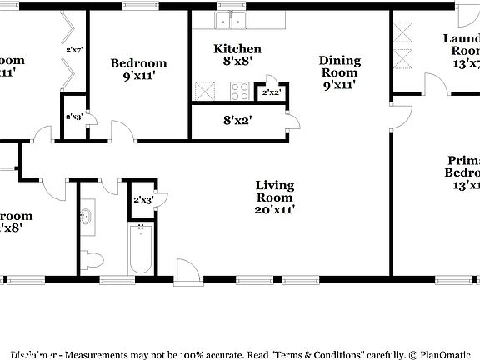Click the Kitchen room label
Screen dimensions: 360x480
coord(237,49)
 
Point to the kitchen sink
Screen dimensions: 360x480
coord(231,21)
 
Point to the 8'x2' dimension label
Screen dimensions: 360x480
coord(237,120)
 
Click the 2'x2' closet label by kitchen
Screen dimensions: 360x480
coord(272,92)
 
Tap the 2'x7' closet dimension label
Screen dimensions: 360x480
coord(73,50)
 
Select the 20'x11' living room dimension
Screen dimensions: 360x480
coord(274,211)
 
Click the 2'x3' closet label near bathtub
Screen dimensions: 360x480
coord(143,199)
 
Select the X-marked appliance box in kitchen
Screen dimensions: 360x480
coord(204,91)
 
